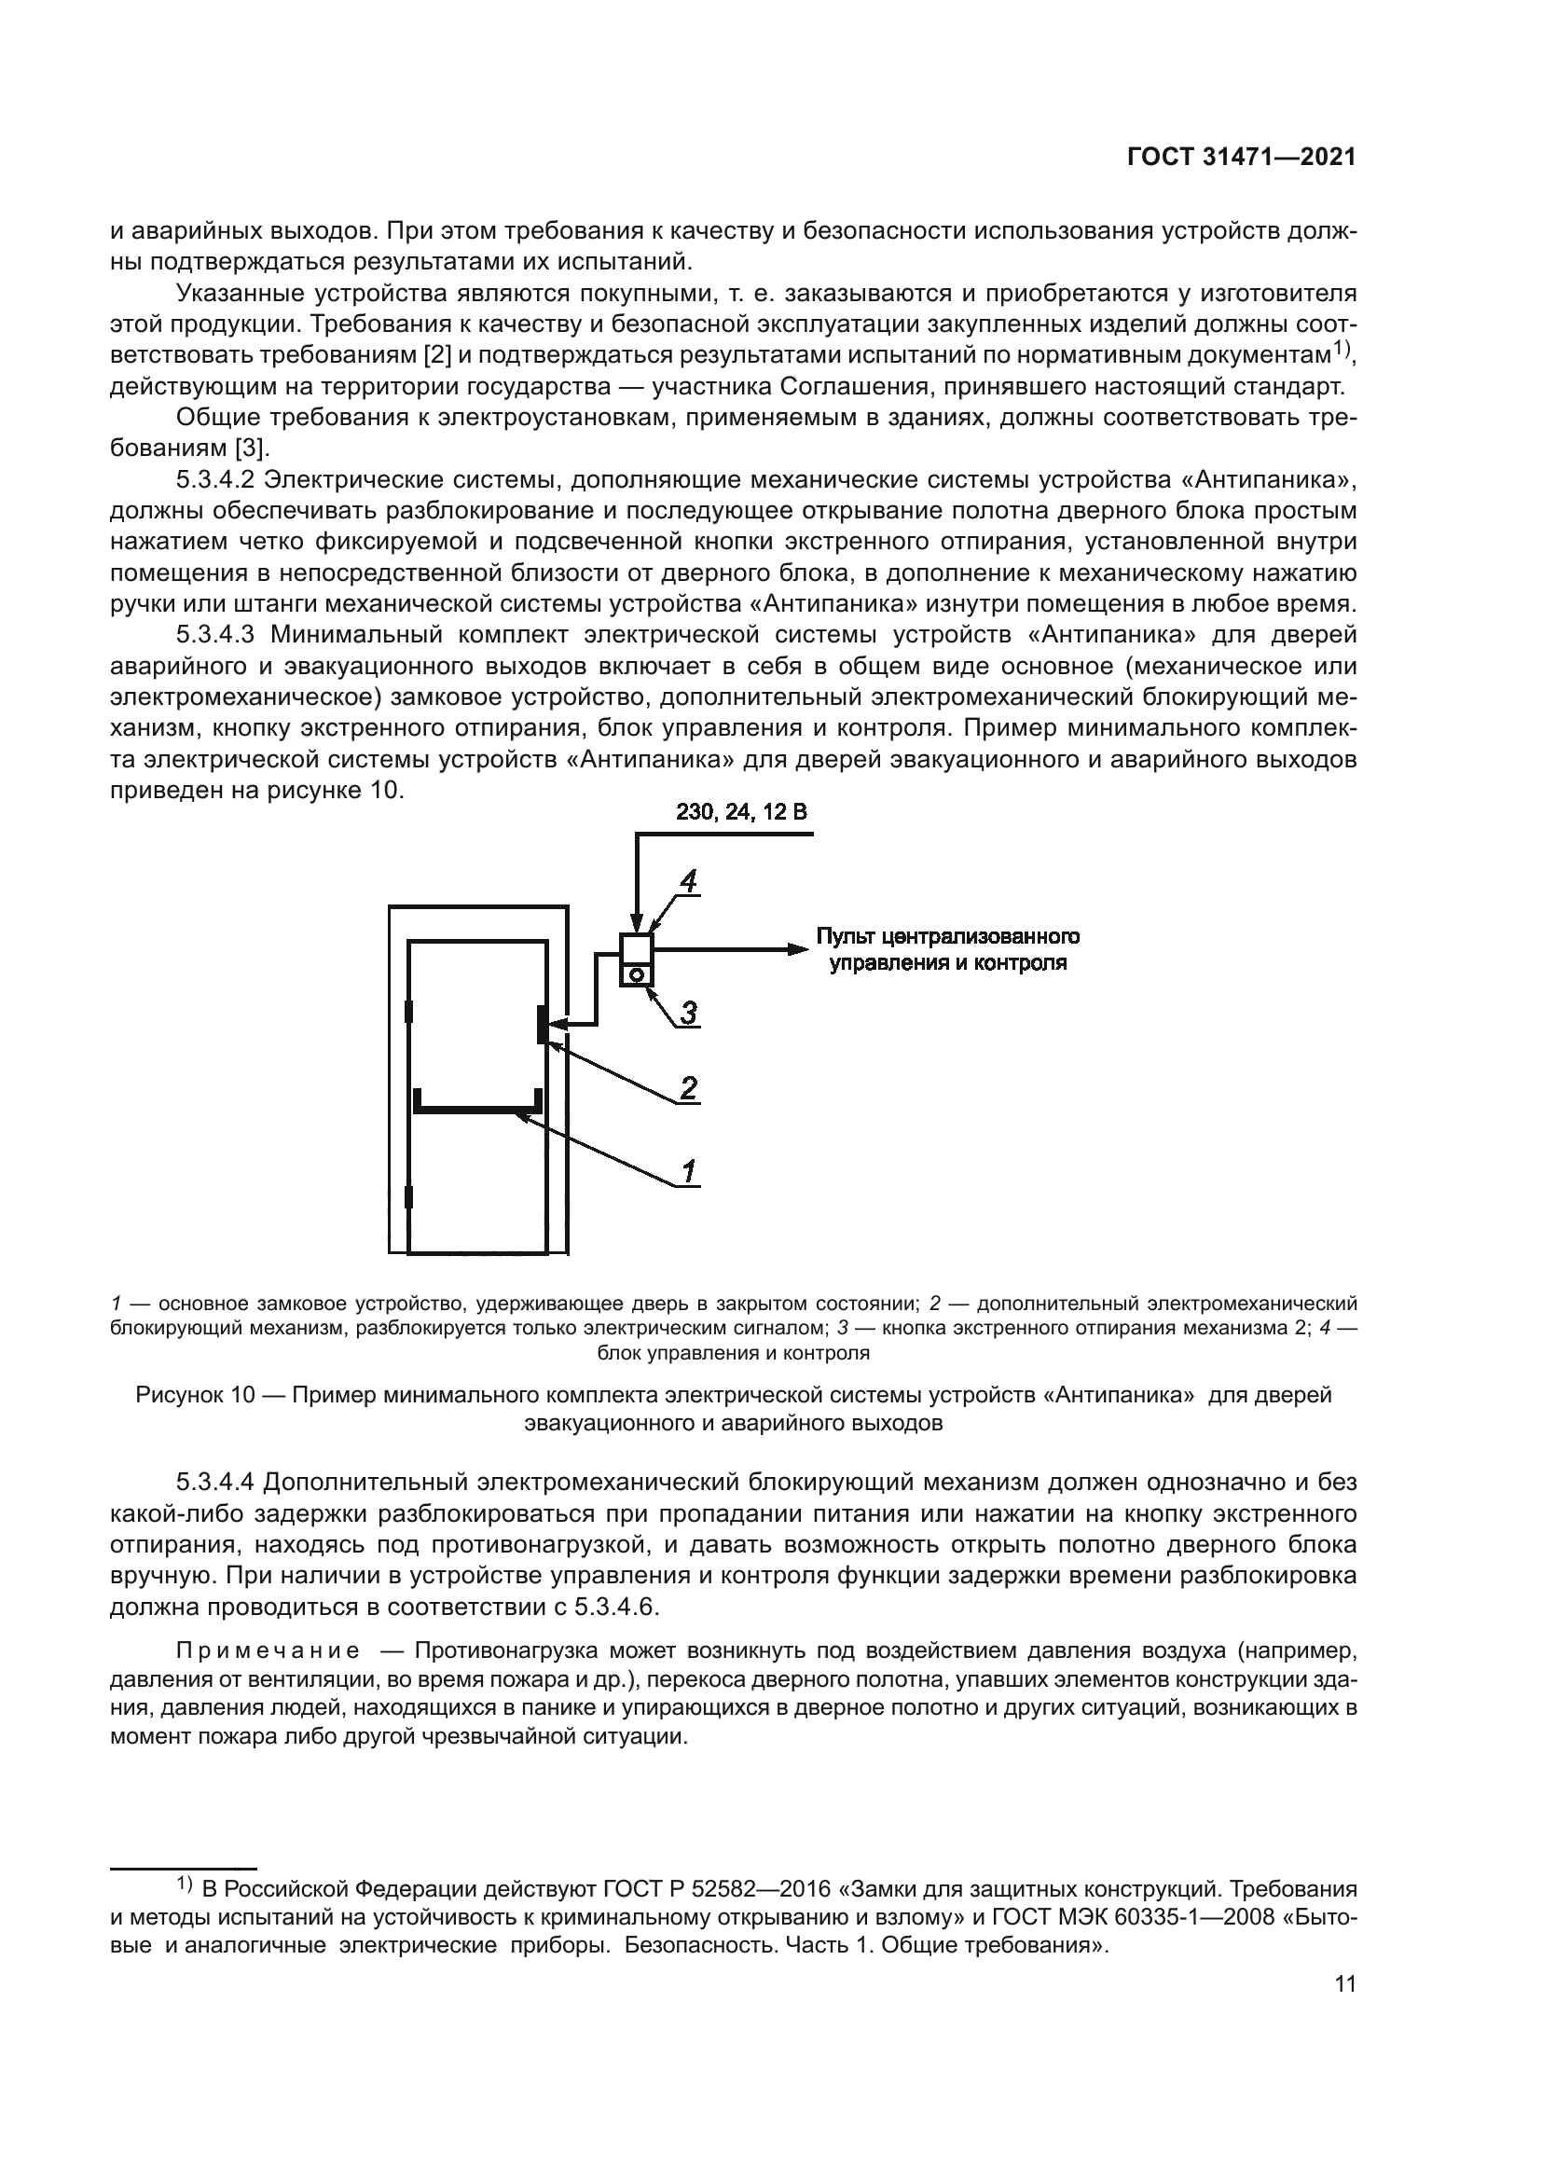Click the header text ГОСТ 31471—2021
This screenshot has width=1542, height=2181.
(1241, 158)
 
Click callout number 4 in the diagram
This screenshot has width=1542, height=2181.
(688, 882)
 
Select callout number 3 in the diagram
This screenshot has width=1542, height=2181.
(688, 1013)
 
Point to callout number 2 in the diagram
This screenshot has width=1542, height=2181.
(688, 1087)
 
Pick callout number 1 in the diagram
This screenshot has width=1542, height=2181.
(688, 1171)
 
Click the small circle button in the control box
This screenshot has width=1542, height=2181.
(636, 973)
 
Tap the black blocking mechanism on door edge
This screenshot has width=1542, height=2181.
(542, 1025)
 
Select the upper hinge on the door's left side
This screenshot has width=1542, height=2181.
(409, 1012)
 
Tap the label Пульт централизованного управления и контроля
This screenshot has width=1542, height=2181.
(947, 950)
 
